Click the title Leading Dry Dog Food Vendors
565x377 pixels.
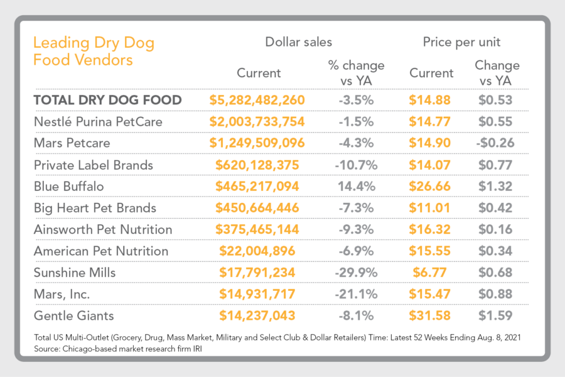point(94,52)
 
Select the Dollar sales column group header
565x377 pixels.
point(298,43)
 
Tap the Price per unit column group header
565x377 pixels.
point(461,43)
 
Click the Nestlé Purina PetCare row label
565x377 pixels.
point(98,121)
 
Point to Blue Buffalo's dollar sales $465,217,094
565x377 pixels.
point(257,186)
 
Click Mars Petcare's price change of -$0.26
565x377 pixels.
point(495,143)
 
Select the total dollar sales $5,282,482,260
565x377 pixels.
point(257,100)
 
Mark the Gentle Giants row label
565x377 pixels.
point(73,315)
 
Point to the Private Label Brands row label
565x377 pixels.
point(93,165)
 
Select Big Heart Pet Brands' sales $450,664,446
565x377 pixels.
point(257,208)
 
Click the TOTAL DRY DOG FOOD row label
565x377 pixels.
point(107,100)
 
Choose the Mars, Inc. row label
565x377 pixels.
point(62,294)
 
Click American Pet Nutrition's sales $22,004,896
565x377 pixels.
point(257,251)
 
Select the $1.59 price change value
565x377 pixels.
point(495,315)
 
